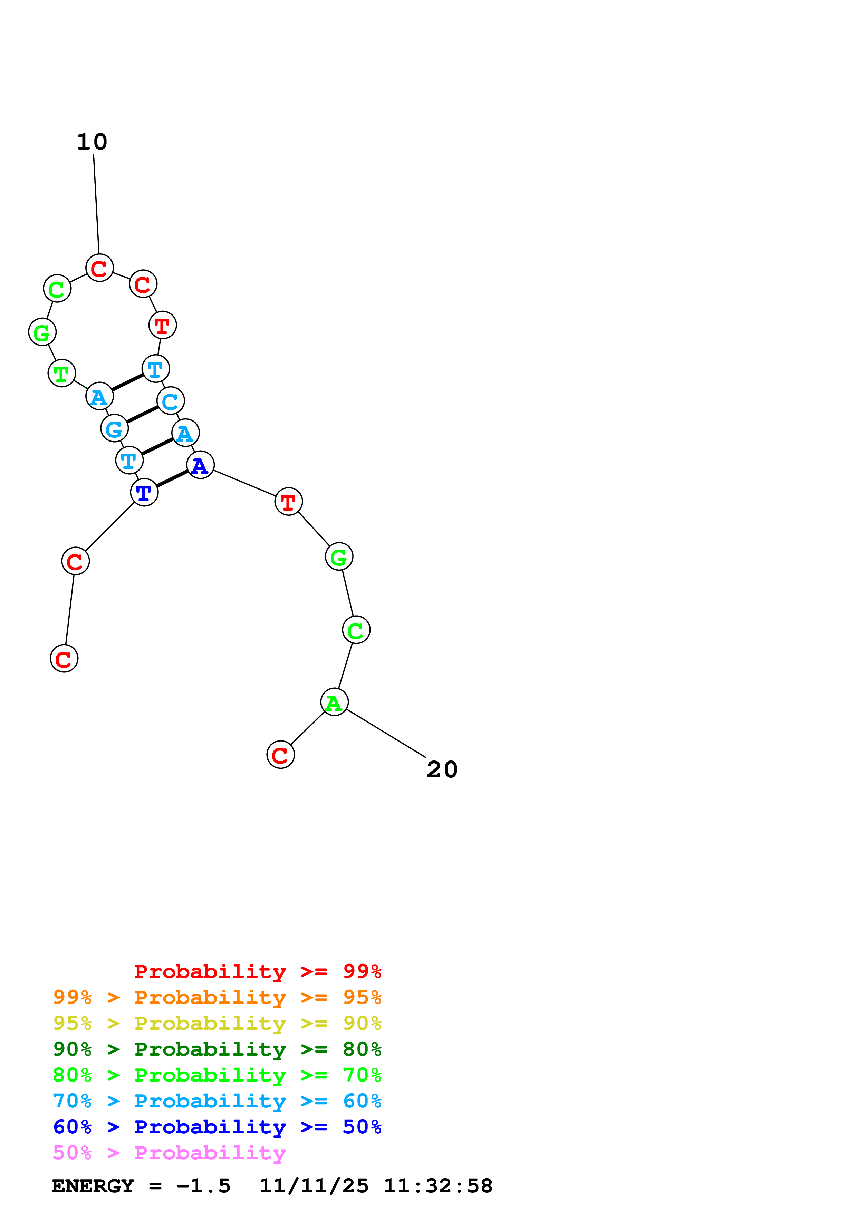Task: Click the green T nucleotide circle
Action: pyautogui.click(x=62, y=374)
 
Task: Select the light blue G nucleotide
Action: pyautogui.click(x=114, y=428)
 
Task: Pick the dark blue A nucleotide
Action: pyautogui.click(x=200, y=465)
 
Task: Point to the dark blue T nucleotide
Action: pyautogui.click(x=144, y=493)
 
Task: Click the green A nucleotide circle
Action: pyautogui.click(x=334, y=703)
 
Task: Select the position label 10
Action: pyautogui.click(x=92, y=142)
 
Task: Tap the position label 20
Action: pyautogui.click(x=442, y=769)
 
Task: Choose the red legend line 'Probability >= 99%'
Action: pyautogui.click(x=257, y=971)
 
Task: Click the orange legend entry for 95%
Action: pyautogui.click(x=217, y=997)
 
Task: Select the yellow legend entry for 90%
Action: pyautogui.click(x=217, y=1023)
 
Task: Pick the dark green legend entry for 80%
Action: pyautogui.click(x=217, y=1049)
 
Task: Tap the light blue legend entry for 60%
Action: pyautogui.click(x=217, y=1101)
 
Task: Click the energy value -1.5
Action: pyautogui.click(x=203, y=1186)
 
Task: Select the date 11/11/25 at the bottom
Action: pyautogui.click(x=314, y=1186)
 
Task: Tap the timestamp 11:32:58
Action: pyautogui.click(x=438, y=1186)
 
